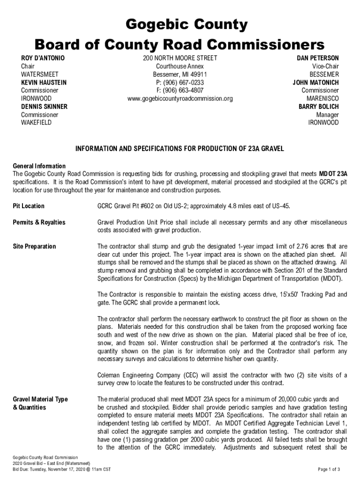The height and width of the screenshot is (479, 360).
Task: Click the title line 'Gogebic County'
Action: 180,24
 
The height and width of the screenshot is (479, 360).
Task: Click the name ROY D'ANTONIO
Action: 43,58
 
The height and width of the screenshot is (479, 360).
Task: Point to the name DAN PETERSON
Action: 318,58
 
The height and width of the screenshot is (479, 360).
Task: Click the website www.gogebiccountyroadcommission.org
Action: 180,99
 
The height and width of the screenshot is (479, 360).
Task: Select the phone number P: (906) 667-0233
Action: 180,82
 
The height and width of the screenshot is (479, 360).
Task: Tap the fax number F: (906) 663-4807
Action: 180,90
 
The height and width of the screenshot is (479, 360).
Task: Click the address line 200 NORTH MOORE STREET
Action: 180,58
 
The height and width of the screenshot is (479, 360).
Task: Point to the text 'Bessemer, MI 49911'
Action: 180,74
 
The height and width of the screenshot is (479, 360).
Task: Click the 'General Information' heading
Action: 39,166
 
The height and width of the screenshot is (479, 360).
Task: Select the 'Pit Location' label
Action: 29,206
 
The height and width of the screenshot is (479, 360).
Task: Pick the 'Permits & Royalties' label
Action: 39,222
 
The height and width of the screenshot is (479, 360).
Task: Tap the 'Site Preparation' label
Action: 34,247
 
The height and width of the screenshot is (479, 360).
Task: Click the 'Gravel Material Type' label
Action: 40,399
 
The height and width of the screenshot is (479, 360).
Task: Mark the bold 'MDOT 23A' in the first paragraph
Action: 333,174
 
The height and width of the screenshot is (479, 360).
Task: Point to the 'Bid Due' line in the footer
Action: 61,469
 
